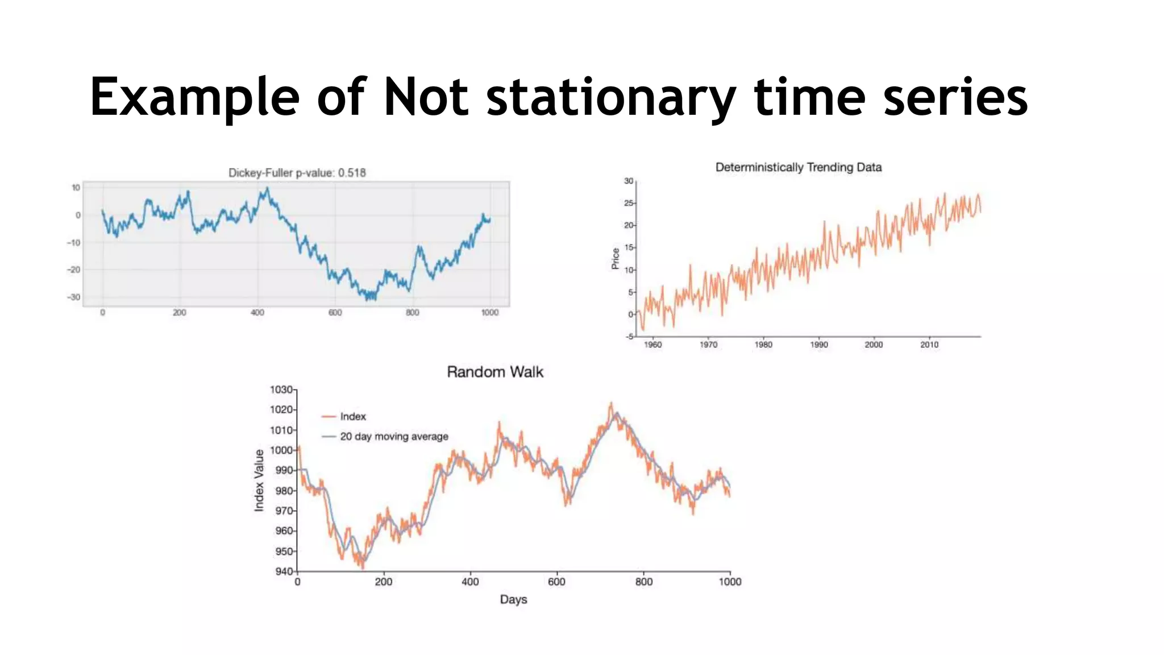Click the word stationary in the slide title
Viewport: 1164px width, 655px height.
pyautogui.click(x=611, y=98)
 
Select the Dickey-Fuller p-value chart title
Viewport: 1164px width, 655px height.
pyautogui.click(x=297, y=173)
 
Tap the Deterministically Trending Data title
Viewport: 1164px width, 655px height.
pyautogui.click(x=798, y=167)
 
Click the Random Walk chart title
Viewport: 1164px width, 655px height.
pyautogui.click(x=494, y=372)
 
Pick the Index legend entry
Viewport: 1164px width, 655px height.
pyautogui.click(x=352, y=417)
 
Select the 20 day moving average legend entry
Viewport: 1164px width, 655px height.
pyautogui.click(x=393, y=437)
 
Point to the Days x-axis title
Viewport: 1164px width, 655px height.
pyautogui.click(x=513, y=599)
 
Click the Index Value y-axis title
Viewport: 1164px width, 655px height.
pyautogui.click(x=259, y=480)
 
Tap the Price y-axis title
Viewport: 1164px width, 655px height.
pyautogui.click(x=615, y=259)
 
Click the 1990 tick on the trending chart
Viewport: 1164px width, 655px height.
pyautogui.click(x=818, y=345)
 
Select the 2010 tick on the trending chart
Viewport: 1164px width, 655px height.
pyautogui.click(x=929, y=345)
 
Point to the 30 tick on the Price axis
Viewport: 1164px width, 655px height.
pyautogui.click(x=628, y=181)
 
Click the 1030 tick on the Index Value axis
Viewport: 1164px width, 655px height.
pyautogui.click(x=281, y=390)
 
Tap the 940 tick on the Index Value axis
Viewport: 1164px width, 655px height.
pyautogui.click(x=284, y=571)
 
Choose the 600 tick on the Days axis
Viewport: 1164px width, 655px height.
pyautogui.click(x=556, y=582)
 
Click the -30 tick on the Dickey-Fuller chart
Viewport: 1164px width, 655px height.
pyautogui.click(x=74, y=297)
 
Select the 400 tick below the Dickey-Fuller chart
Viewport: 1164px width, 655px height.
pyautogui.click(x=257, y=313)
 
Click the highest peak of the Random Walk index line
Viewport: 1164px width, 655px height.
pyautogui.click(x=612, y=404)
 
